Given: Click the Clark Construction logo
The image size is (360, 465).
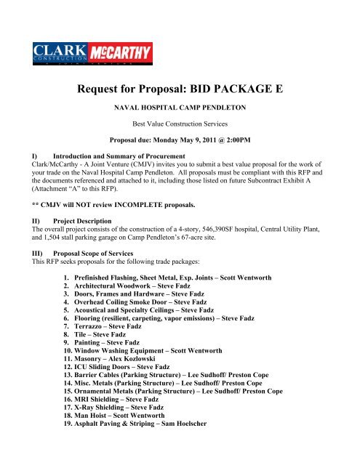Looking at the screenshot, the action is tap(60, 54).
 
